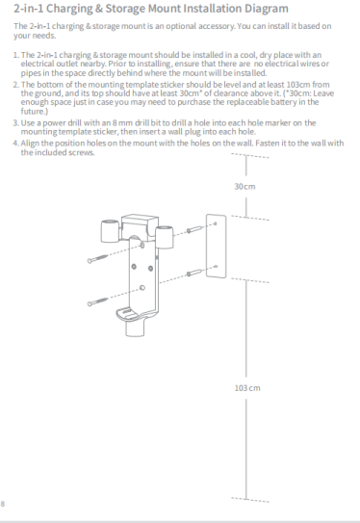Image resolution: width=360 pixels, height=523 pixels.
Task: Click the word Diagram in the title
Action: [x=267, y=9]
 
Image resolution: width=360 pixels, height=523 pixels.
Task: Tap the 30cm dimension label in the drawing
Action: [x=244, y=187]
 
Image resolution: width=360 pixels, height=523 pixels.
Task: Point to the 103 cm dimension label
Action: [x=247, y=388]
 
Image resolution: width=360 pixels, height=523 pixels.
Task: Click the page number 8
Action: [x=3, y=504]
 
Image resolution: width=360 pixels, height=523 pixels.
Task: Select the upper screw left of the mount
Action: [x=97, y=258]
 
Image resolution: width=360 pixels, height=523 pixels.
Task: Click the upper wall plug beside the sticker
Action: [x=194, y=229]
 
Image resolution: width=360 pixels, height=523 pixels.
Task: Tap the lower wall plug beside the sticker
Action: [x=194, y=273]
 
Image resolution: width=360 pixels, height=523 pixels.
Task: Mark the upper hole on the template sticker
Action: [x=215, y=223]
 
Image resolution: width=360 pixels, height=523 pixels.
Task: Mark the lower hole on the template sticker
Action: [x=216, y=266]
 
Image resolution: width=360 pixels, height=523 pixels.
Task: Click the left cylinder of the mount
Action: [x=110, y=231]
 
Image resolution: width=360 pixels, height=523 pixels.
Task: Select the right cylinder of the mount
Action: [x=164, y=237]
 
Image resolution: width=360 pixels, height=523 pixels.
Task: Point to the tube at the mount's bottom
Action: [x=135, y=327]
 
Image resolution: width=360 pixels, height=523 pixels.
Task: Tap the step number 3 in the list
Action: [x=15, y=123]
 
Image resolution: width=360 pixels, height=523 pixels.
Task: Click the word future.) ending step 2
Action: [x=35, y=111]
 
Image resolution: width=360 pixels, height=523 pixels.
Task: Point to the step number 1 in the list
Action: [x=15, y=55]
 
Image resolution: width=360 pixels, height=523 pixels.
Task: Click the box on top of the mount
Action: [x=140, y=224]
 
